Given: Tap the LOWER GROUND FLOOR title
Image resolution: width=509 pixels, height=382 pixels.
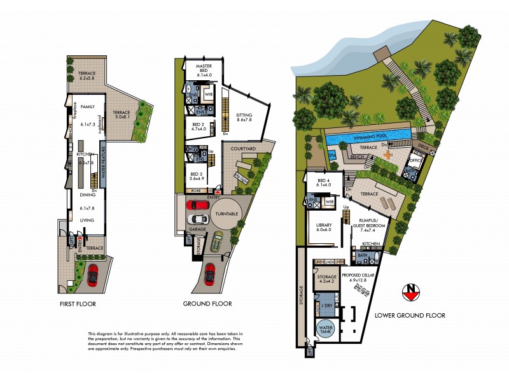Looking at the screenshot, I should pyautogui.click(x=409, y=315).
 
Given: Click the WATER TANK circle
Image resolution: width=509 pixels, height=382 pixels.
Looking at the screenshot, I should pyautogui.click(x=326, y=331).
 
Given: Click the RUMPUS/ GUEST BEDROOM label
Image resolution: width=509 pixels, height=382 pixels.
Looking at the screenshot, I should pyautogui.click(x=368, y=223).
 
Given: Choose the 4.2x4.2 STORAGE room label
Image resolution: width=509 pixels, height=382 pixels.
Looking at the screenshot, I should pyautogui.click(x=328, y=278).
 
